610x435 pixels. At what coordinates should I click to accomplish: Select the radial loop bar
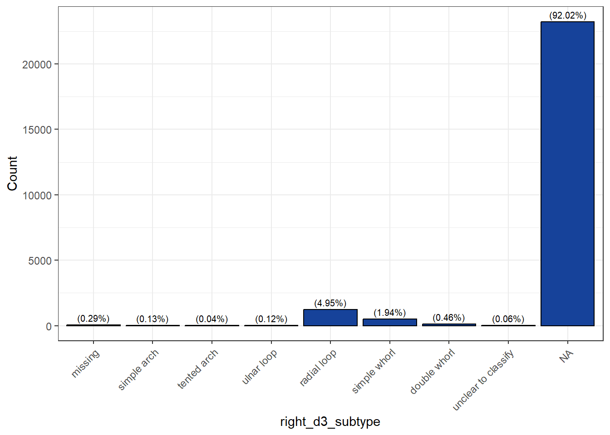click(x=330, y=318)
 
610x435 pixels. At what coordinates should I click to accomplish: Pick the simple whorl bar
click(x=389, y=322)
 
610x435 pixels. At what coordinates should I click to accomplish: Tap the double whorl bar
click(x=449, y=324)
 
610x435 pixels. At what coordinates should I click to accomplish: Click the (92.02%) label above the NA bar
click(x=567, y=16)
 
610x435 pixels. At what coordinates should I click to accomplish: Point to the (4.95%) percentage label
click(x=330, y=303)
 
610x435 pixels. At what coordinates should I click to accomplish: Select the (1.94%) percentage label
click(x=389, y=313)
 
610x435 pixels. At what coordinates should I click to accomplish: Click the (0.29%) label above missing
click(x=93, y=319)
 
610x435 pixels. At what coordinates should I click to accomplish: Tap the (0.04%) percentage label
click(x=212, y=319)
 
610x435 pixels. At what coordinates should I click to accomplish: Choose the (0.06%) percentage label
click(x=508, y=319)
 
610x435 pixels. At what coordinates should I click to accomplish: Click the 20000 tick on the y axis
click(x=37, y=65)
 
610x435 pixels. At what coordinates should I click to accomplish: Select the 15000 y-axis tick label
click(x=37, y=130)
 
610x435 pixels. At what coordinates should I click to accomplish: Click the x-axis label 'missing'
click(x=85, y=363)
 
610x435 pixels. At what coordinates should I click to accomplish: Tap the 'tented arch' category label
click(x=198, y=369)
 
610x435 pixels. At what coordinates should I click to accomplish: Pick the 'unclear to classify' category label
click(x=483, y=380)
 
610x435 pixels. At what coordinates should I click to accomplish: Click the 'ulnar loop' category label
click(x=259, y=367)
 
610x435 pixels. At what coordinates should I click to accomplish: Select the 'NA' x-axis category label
click(x=566, y=357)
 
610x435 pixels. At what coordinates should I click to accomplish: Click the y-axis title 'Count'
click(x=12, y=174)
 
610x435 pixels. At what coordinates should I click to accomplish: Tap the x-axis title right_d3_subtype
click(x=330, y=422)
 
